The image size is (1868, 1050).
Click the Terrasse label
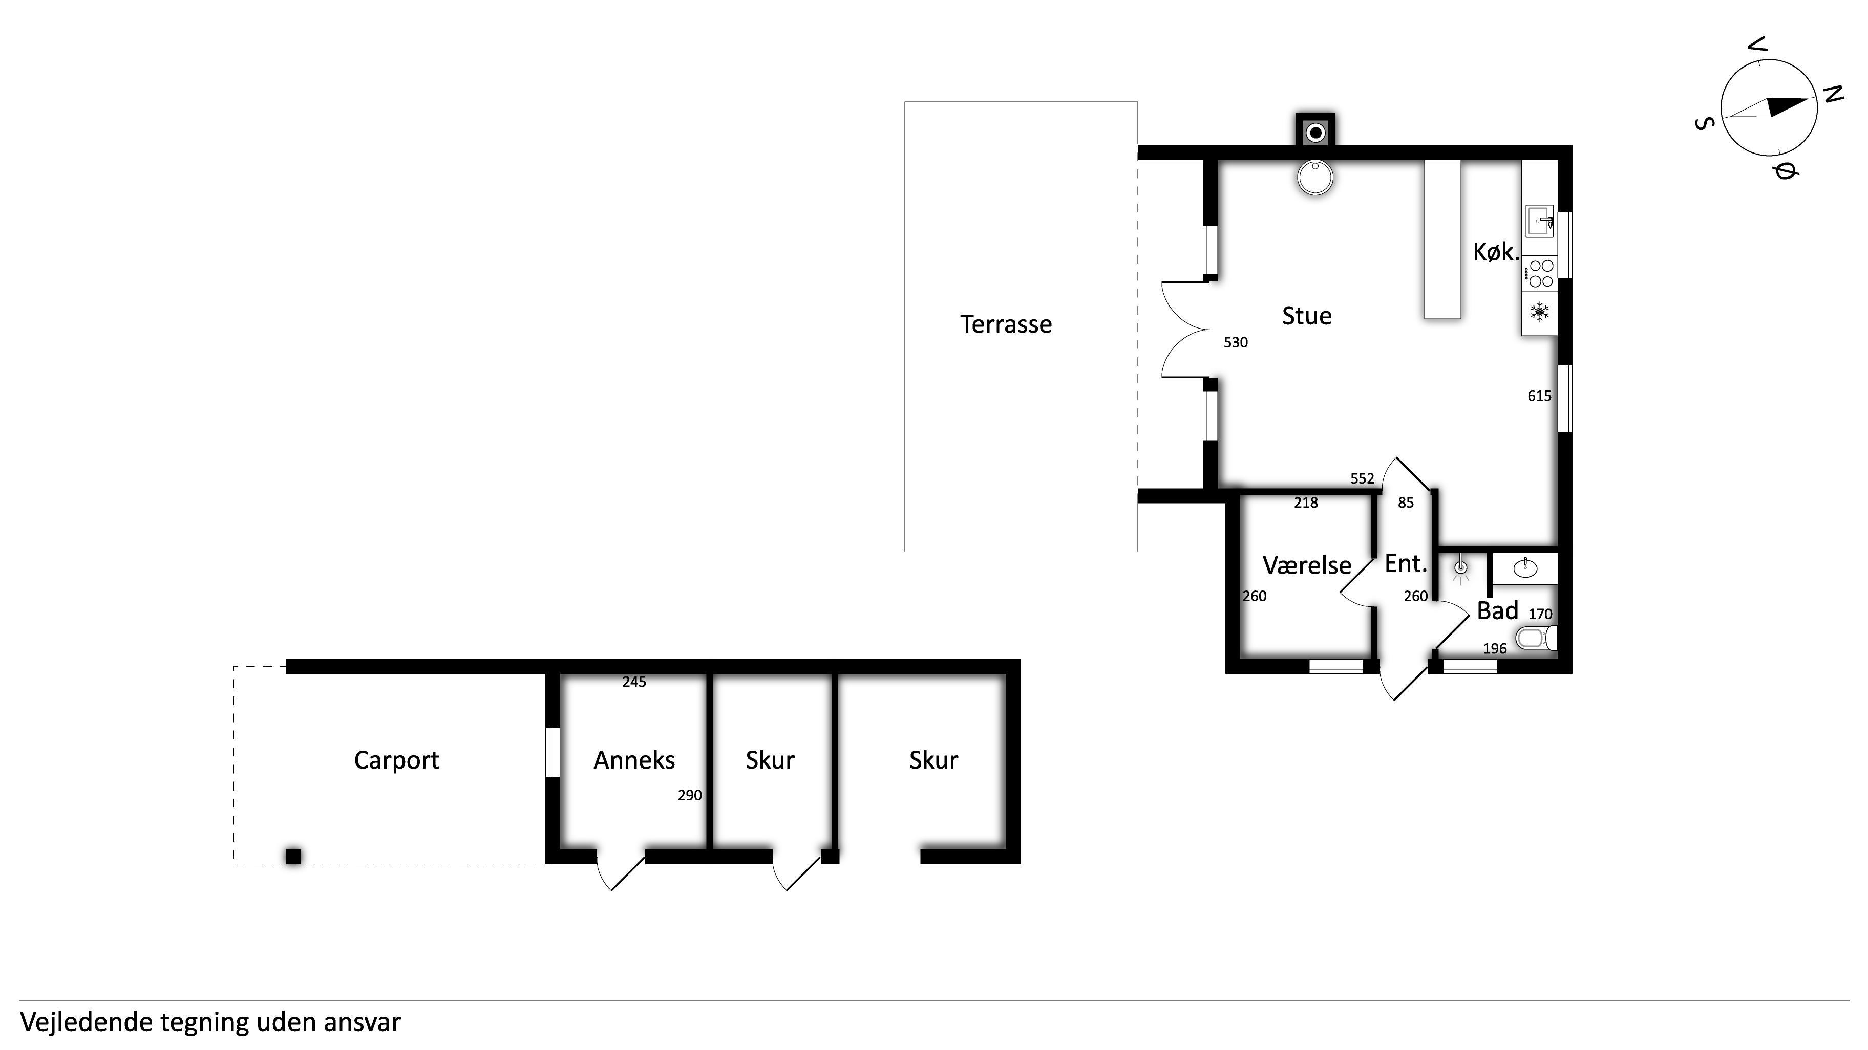pos(1006,324)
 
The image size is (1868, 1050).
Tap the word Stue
pos(1307,316)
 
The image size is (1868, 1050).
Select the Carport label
pos(397,760)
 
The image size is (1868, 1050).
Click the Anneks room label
pos(634,760)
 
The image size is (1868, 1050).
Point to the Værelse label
pos(1307,565)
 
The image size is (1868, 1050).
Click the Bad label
pos(1497,611)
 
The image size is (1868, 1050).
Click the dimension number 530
pos(1236,343)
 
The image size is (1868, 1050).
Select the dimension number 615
pos(1539,396)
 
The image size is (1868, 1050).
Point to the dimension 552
pos(1363,478)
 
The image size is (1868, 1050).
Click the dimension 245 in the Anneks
pos(634,682)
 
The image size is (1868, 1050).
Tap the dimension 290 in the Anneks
pos(690,796)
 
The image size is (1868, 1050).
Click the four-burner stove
pos(1539,274)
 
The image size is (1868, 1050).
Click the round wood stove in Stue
pos(1314,178)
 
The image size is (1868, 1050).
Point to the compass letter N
pos(1833,94)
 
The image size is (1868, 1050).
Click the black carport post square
pos(293,857)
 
